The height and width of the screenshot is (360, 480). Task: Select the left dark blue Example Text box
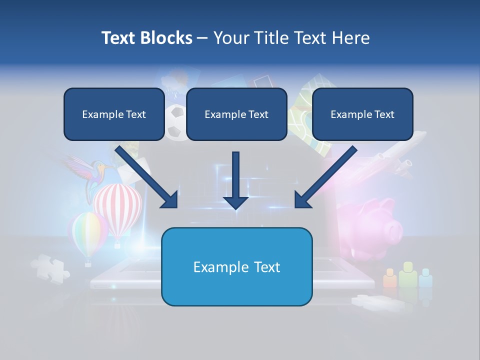click(114, 114)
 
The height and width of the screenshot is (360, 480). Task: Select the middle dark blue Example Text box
click(236, 114)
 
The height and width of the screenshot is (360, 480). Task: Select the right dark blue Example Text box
click(362, 114)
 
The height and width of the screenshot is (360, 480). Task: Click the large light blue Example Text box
click(236, 266)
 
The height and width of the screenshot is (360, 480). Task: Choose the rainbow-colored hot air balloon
click(87, 232)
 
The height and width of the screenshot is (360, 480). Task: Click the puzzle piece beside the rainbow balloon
click(50, 267)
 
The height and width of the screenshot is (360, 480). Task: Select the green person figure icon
click(408, 275)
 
